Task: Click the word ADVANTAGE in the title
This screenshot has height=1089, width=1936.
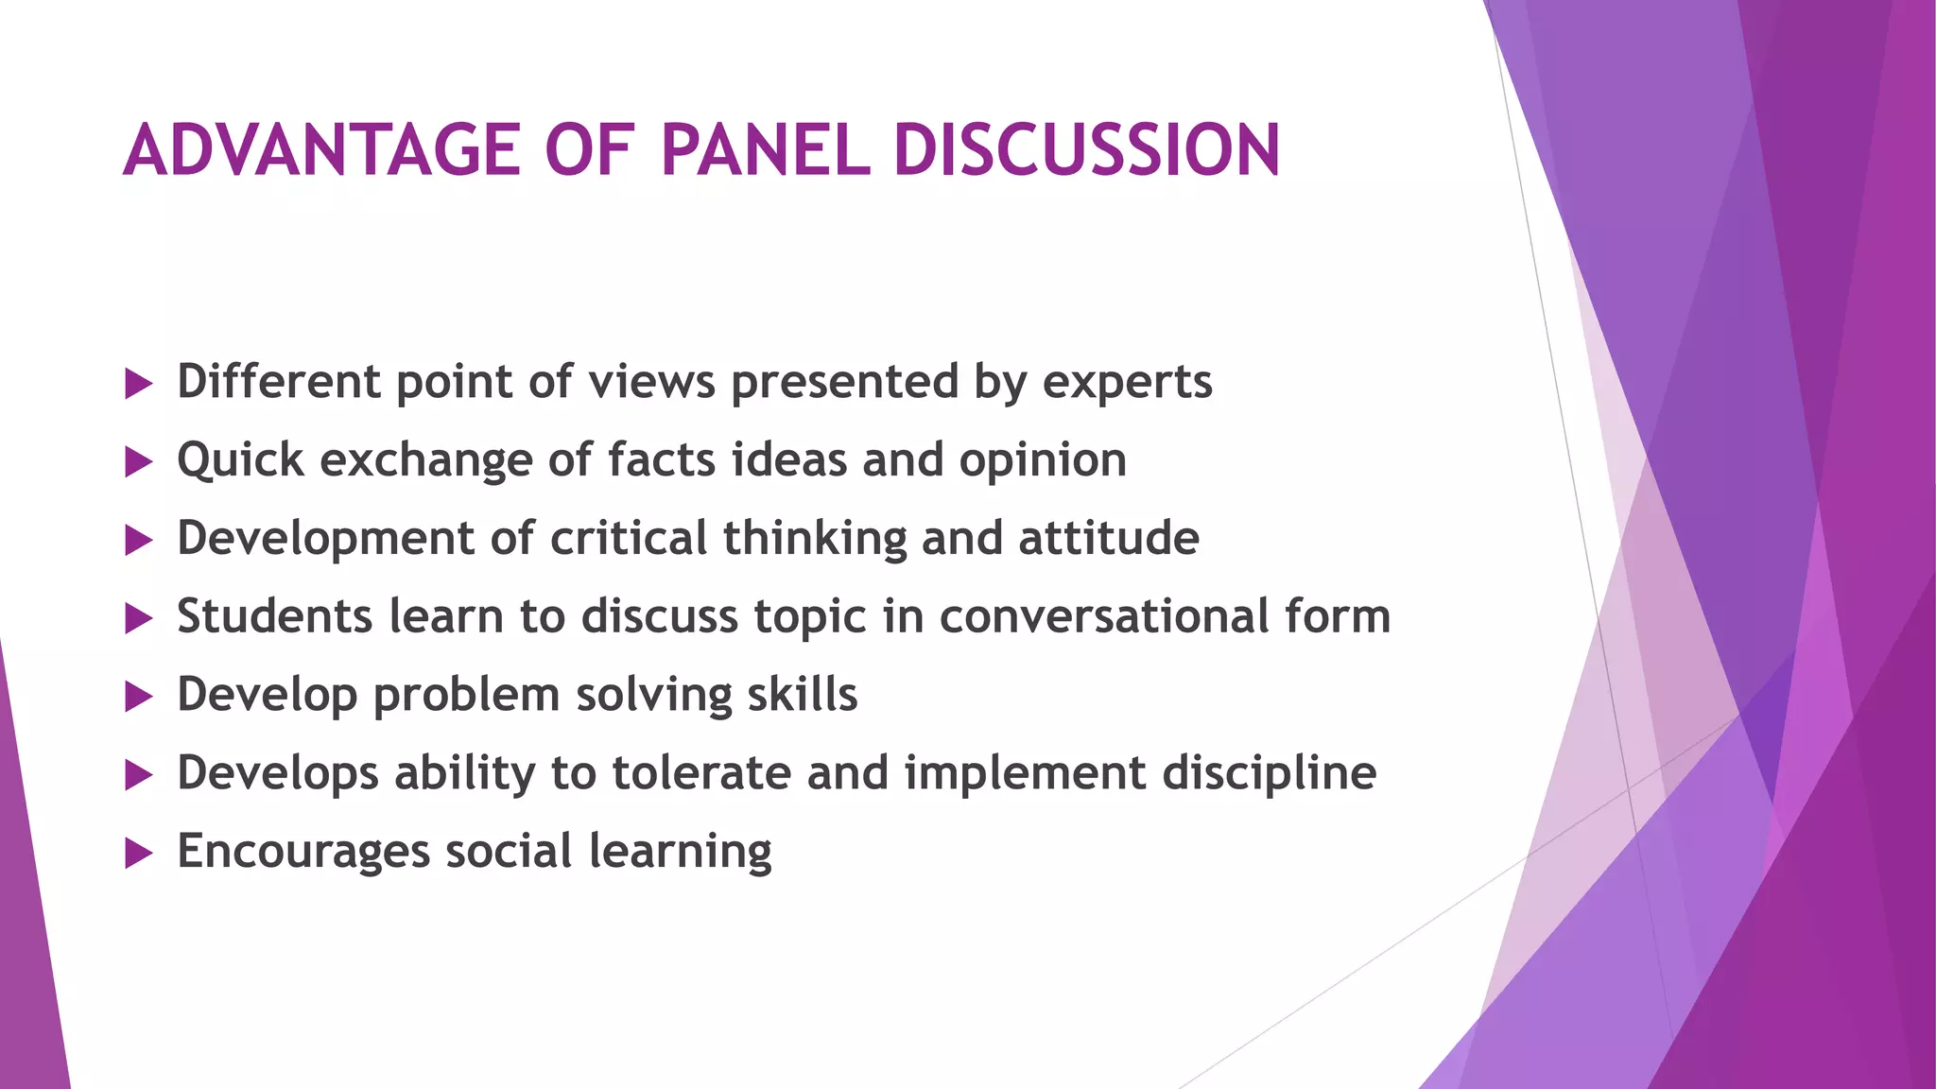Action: (321, 151)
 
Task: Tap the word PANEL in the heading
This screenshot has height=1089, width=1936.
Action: (764, 151)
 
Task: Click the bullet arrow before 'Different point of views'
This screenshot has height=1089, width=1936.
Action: (138, 384)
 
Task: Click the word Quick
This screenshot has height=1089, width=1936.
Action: (240, 461)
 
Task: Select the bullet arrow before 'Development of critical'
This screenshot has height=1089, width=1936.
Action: (138, 541)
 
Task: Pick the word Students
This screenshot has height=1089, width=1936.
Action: (274, 616)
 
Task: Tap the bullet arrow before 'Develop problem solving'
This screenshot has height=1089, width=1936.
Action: (138, 698)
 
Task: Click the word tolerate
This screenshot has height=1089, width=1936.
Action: (701, 773)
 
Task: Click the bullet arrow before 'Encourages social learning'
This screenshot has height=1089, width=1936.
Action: (138, 855)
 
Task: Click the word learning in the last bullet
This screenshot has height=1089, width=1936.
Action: (680, 852)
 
